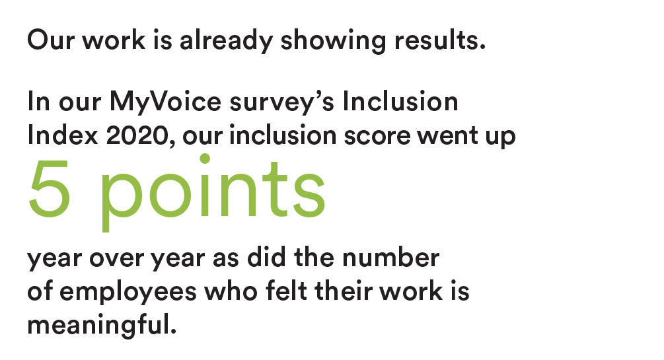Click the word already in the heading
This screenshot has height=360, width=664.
tap(226, 41)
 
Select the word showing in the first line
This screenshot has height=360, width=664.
tap(333, 41)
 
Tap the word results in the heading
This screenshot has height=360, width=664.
tap(440, 40)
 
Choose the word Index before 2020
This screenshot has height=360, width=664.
tap(63, 135)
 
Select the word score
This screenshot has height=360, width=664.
tap(377, 136)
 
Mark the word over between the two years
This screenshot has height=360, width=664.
tap(116, 258)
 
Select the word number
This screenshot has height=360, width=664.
tap(391, 257)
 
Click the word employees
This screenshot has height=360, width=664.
tap(128, 292)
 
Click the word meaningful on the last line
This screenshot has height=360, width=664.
tap(102, 325)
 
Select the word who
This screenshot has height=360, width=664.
tap(231, 291)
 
